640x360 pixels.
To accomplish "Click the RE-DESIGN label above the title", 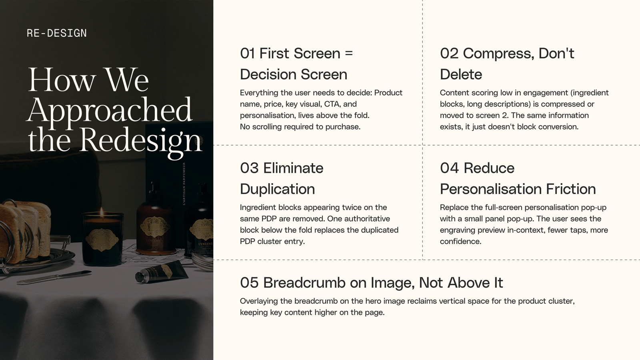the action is [x=56, y=33].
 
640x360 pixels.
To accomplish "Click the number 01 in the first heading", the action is [x=248, y=54].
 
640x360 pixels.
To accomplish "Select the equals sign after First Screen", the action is [x=349, y=54].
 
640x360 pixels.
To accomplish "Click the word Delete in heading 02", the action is [x=461, y=74].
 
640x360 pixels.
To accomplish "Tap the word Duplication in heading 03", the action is [x=278, y=189].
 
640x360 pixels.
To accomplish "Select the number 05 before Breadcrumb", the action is [x=249, y=282].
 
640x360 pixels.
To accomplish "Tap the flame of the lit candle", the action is [x=102, y=213].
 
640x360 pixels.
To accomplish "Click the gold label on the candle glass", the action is [x=102, y=240].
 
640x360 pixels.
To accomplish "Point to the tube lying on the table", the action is [x=162, y=272].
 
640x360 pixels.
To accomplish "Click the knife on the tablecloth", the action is [x=54, y=278].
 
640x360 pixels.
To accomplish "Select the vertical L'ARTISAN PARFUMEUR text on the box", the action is [x=184, y=184].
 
